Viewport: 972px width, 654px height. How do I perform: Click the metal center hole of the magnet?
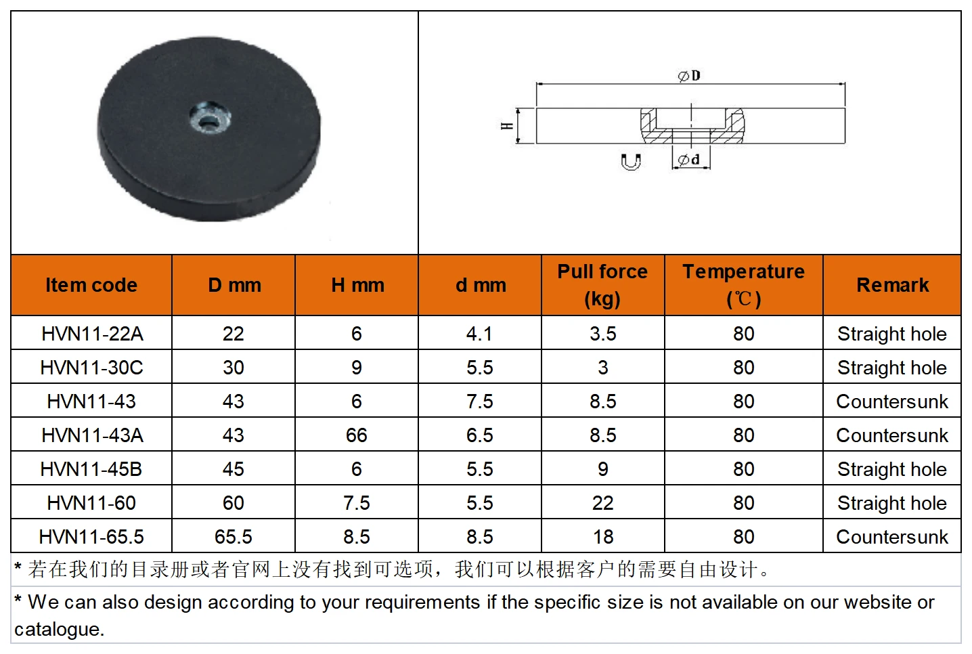point(210,118)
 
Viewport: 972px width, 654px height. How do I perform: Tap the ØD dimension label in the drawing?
point(690,76)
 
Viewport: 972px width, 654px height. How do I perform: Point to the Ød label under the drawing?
point(689,159)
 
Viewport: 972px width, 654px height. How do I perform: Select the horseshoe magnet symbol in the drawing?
point(630,162)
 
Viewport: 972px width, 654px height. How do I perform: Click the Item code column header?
point(91,285)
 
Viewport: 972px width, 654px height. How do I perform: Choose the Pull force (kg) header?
point(602,285)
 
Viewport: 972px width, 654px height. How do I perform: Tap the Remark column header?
point(893,285)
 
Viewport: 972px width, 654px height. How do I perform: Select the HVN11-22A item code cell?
point(93,334)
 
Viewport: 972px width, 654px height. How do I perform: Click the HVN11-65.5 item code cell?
point(91,537)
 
